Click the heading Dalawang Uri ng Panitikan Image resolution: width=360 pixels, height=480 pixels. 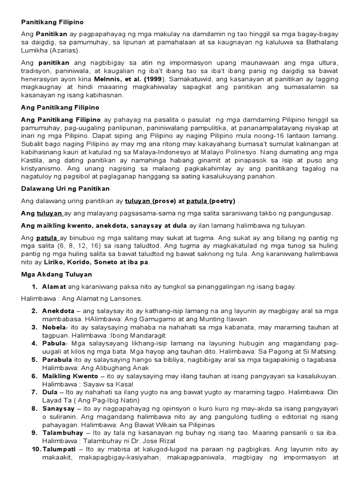click(x=65, y=188)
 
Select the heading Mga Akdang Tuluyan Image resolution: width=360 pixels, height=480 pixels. click(x=57, y=274)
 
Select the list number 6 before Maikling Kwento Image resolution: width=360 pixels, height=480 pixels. click(x=34, y=376)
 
